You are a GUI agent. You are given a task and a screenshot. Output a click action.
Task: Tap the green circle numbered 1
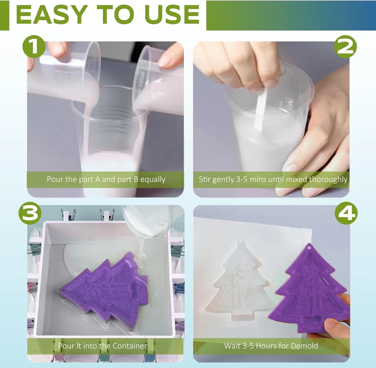pyautogui.click(x=34, y=47)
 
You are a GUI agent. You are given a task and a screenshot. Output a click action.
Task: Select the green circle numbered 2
pyautogui.click(x=345, y=47)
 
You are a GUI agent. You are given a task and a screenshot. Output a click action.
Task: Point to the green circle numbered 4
pyautogui.click(x=346, y=213)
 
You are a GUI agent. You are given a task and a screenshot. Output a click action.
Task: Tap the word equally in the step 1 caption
pyautogui.click(x=153, y=179)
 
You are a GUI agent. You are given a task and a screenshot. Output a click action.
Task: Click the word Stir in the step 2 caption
pyautogui.click(x=205, y=179)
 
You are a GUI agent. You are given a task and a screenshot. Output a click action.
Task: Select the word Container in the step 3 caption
pyautogui.click(x=130, y=346)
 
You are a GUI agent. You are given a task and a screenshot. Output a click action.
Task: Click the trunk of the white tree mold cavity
pyautogui.click(x=243, y=315)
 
